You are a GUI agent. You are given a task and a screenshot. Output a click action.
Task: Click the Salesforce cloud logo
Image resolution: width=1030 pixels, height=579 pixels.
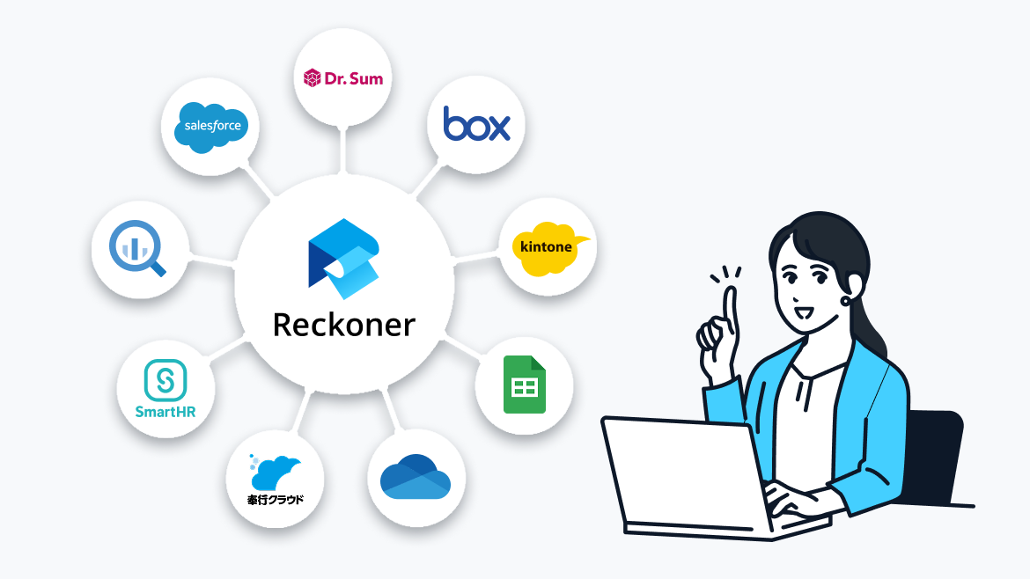click(x=212, y=126)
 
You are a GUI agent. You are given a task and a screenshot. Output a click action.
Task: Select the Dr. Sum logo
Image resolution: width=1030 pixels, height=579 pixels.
click(x=342, y=79)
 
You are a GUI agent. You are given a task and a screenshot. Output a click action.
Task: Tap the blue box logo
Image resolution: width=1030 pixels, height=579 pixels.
click(x=476, y=124)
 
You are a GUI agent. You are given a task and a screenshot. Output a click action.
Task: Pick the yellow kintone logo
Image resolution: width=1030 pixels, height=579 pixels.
click(x=548, y=247)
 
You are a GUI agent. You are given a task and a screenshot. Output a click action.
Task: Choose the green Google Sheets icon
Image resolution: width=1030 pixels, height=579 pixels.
click(x=525, y=385)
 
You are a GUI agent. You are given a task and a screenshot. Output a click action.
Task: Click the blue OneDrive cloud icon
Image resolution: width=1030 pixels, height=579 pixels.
click(x=416, y=477)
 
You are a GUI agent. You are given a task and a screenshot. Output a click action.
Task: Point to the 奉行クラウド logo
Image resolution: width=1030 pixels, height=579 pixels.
click(x=275, y=480)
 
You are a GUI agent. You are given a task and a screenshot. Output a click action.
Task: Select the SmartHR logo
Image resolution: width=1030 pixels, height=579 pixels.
click(x=166, y=390)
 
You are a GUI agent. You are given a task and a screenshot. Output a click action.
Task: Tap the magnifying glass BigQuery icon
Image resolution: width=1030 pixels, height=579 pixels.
click(x=139, y=248)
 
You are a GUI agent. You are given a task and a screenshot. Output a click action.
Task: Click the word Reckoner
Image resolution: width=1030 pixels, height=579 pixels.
click(x=343, y=325)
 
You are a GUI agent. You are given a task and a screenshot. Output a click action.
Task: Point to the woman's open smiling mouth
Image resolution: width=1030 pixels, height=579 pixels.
click(x=802, y=311)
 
